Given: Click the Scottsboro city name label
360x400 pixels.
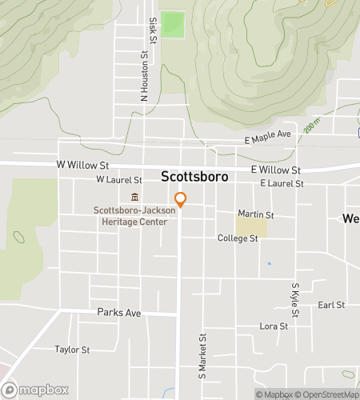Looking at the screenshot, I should tap(194, 176).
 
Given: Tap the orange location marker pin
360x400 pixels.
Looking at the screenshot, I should tap(181, 199).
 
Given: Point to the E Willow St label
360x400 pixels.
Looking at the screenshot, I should tap(275, 170).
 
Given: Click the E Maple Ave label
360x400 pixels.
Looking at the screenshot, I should tap(267, 137).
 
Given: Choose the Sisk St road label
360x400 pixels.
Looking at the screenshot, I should tap(152, 32).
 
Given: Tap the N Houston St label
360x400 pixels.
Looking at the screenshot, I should tap(145, 78).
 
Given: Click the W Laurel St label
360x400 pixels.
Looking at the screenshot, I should tap(118, 181).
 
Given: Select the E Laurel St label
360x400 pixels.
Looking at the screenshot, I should tap(282, 184).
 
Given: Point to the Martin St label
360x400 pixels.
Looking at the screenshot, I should tap(256, 215).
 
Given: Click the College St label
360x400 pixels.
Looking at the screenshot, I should tap(238, 238).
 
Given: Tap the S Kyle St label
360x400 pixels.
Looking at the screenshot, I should tap(295, 299).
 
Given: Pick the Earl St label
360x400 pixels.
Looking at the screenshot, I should tap(330, 305).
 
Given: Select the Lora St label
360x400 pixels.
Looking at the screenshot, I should tap(274, 326).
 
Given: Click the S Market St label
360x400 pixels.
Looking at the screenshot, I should tap(202, 356).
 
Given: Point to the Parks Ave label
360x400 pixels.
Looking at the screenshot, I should tap(118, 313).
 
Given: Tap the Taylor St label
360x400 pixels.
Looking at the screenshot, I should tap(72, 350).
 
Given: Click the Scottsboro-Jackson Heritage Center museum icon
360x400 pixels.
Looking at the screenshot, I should tap(134, 198).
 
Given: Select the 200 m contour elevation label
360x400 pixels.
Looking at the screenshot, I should tap(312, 126).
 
